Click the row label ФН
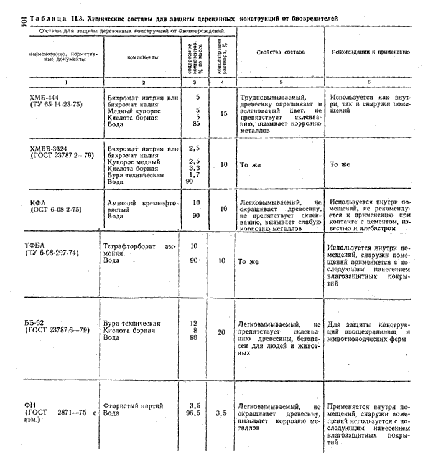coord(31,405)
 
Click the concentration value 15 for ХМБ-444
coord(224,114)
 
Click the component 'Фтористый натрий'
coord(134,405)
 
